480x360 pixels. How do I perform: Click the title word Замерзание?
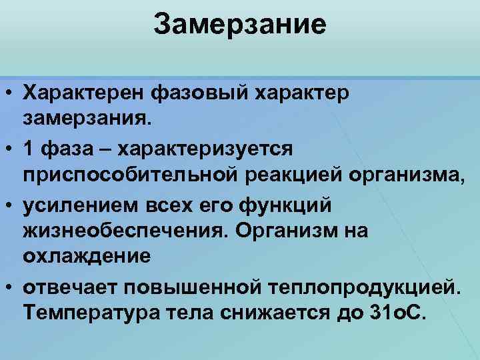pos(240,25)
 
